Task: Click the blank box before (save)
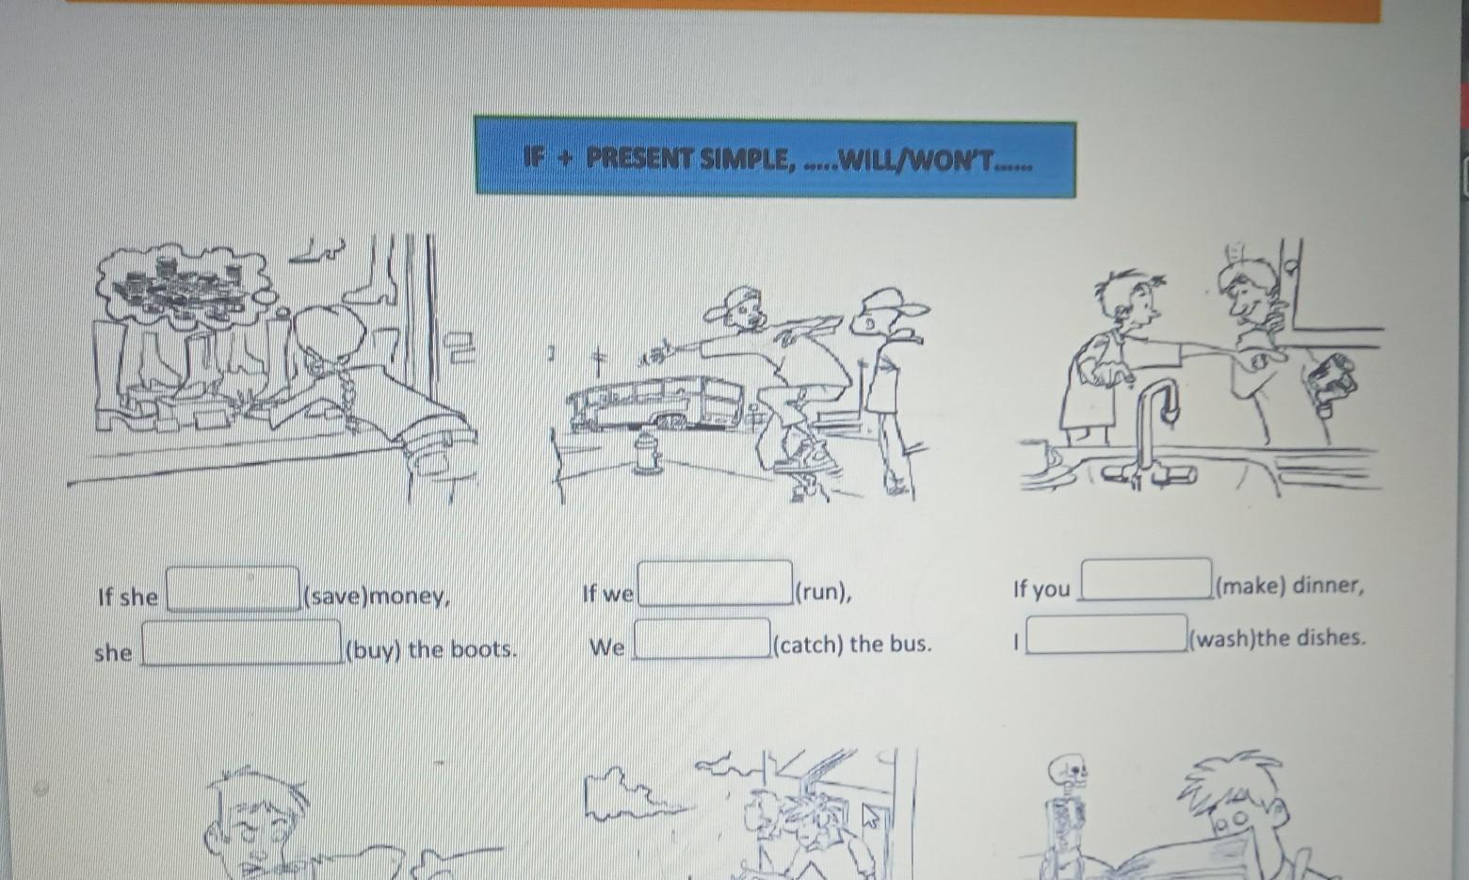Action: (x=233, y=589)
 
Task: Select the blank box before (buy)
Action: (x=242, y=643)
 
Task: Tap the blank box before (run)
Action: (x=716, y=583)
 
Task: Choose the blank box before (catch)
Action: (x=702, y=638)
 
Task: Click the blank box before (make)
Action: (x=1146, y=579)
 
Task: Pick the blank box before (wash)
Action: (x=1106, y=633)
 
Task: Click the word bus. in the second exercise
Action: (x=911, y=644)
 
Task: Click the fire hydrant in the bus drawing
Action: (x=646, y=451)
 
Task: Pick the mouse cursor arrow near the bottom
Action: (x=871, y=816)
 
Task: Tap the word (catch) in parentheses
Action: (x=809, y=645)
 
